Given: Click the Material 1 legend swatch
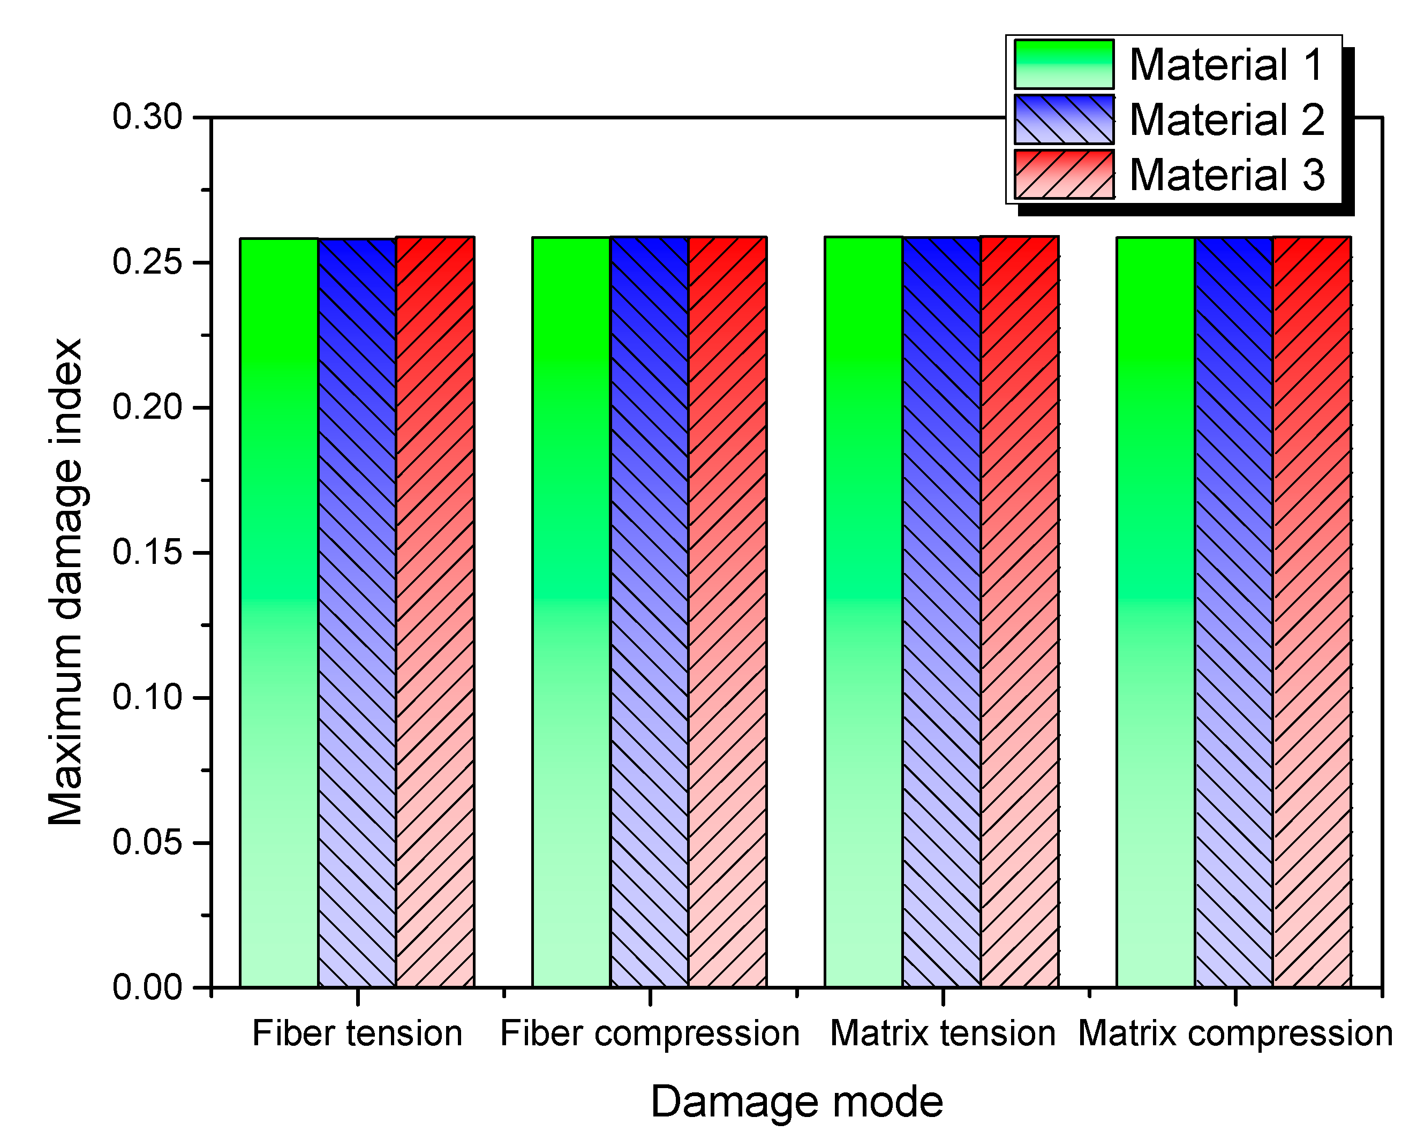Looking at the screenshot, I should coord(1064,64).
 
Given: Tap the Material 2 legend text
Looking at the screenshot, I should coord(1227,119).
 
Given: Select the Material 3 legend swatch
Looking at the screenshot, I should coord(1064,175).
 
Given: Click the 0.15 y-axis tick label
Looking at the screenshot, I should coord(147,553).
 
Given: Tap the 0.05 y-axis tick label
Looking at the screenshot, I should coord(147,842).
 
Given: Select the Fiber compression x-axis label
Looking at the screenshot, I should coord(650,1033).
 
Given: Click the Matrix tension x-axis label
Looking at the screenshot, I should coord(943,1033).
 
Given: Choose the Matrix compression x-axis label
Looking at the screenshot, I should coord(1235,1033).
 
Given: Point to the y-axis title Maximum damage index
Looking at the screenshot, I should coord(65,582).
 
